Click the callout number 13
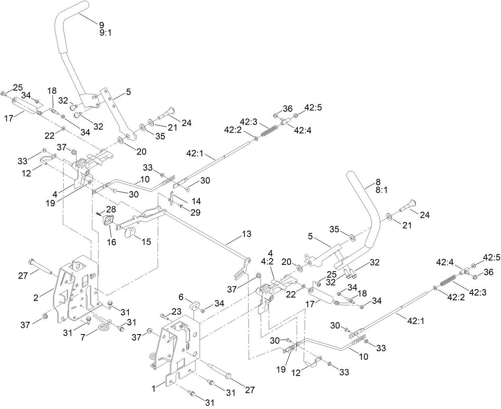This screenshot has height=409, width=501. [x=247, y=234]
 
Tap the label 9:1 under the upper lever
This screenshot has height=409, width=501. [x=106, y=33]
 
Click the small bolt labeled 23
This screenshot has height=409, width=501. [x=164, y=317]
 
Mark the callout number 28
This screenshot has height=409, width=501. [x=111, y=209]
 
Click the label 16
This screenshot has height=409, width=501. [x=112, y=242]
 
